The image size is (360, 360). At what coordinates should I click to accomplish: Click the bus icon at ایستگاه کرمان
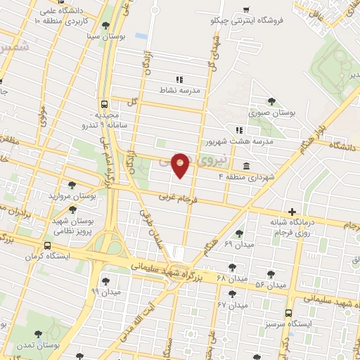point(46,246)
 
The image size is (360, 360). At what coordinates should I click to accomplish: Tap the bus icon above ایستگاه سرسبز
point(288,314)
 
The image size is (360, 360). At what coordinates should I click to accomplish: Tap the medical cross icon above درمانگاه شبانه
point(291,211)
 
